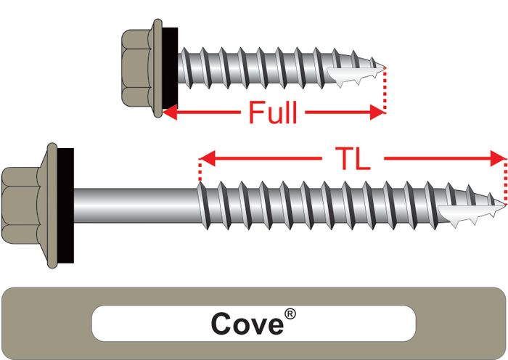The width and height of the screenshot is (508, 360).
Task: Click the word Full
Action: [272, 113]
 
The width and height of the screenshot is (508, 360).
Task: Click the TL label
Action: [353, 158]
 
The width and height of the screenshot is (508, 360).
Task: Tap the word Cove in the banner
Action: [246, 324]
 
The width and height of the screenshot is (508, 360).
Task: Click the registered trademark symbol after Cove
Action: [290, 314]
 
